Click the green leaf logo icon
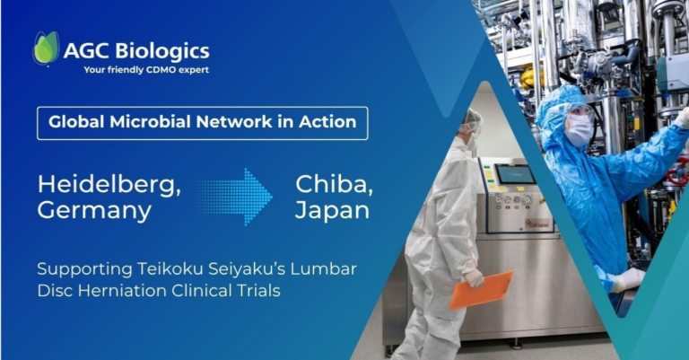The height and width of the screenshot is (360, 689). click(x=46, y=48)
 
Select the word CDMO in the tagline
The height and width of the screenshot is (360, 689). click(x=162, y=69)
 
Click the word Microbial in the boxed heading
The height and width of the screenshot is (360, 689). click(x=151, y=122)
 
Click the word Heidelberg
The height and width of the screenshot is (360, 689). click(x=109, y=185)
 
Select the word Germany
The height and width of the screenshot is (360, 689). click(x=94, y=211)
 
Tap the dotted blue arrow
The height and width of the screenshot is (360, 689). click(x=235, y=197)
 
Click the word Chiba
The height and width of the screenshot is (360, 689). click(x=334, y=185)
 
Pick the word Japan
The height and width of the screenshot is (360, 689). click(x=332, y=211)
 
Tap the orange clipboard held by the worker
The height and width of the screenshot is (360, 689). click(x=481, y=291)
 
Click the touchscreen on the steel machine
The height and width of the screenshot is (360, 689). click(x=515, y=174)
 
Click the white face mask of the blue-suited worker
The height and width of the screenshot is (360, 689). click(x=579, y=130)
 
